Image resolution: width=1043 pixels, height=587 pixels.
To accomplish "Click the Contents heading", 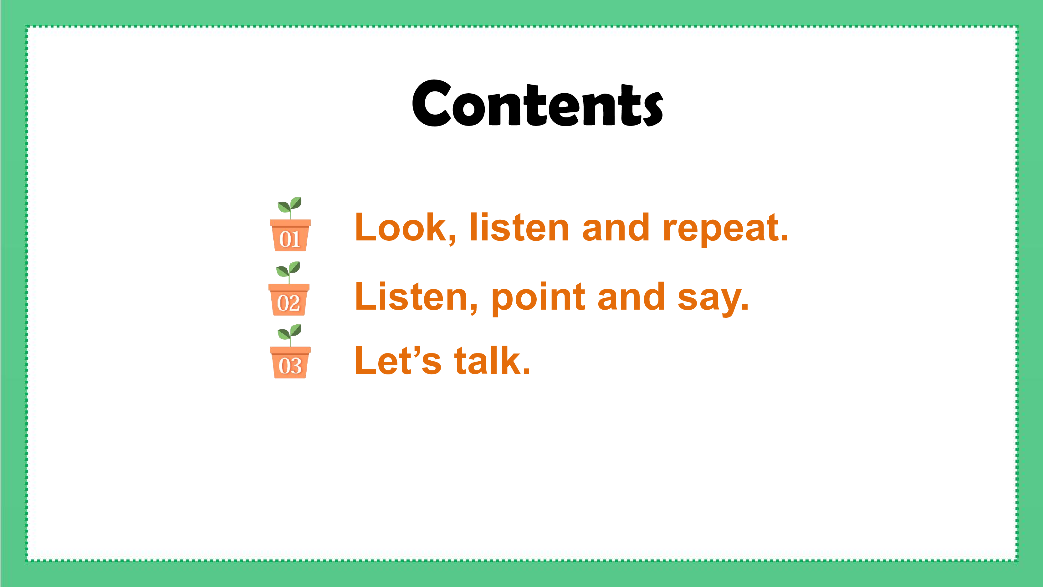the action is pyautogui.click(x=537, y=103).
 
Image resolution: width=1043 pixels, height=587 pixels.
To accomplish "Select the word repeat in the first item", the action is pyautogui.click(x=726, y=229).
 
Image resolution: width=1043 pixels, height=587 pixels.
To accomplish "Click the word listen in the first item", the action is pyautogui.click(x=519, y=227).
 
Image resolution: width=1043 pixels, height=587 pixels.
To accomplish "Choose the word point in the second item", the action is pyautogui.click(x=539, y=299).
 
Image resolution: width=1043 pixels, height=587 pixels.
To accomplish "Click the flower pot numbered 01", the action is pyautogui.click(x=290, y=235).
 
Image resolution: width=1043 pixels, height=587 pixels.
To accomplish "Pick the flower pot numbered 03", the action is pyautogui.click(x=290, y=362).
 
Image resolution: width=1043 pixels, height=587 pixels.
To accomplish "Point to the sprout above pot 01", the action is pyautogui.click(x=290, y=208).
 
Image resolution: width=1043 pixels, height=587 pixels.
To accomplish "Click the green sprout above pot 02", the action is pyautogui.click(x=288, y=272).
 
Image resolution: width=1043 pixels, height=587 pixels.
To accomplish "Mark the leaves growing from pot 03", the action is pyautogui.click(x=290, y=335).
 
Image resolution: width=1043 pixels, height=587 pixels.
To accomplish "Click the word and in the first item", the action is pyautogui.click(x=616, y=227).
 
